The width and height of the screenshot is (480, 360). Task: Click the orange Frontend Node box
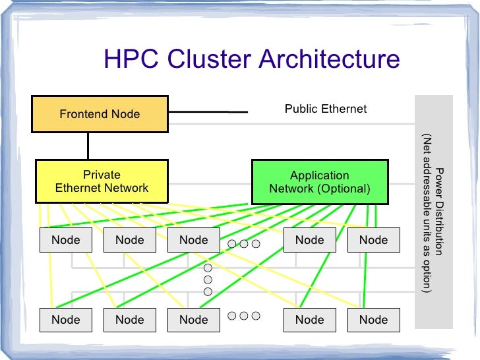coord(100,114)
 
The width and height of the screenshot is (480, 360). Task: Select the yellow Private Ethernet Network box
coord(102,181)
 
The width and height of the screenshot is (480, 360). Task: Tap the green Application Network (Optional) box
coord(320,181)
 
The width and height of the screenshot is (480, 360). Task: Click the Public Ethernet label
coord(325,109)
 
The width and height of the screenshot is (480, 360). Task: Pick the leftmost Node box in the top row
coord(66,240)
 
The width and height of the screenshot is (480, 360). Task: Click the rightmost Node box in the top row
coord(373,240)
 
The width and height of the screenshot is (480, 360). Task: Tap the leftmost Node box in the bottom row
coord(66,320)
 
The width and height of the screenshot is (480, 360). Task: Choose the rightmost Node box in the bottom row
coord(373,320)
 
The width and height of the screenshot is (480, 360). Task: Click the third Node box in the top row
coord(194,240)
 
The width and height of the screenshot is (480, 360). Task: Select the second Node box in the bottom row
coord(130,320)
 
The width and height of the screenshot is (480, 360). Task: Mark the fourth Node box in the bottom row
coord(309,320)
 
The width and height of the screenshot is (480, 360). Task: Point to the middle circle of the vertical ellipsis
coord(208,280)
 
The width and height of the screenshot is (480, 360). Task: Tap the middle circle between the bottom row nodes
coord(243,316)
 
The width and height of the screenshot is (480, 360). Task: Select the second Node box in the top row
coord(130,240)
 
